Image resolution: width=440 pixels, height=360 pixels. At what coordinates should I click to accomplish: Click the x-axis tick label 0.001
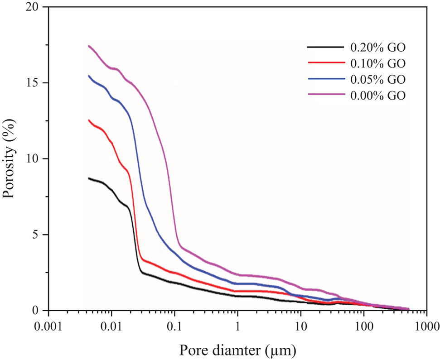pyautogui.click(x=48, y=326)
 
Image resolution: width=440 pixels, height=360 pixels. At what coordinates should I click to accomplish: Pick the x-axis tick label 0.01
pyautogui.click(x=111, y=326)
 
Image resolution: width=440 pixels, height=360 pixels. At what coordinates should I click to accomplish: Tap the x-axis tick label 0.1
pyautogui.click(x=174, y=326)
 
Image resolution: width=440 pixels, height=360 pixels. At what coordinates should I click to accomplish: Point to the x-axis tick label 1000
pyautogui.click(x=426, y=326)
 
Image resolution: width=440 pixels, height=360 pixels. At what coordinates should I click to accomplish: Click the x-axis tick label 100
pyautogui.click(x=363, y=326)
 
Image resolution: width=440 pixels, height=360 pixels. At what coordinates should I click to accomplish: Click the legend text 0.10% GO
pyautogui.click(x=377, y=63)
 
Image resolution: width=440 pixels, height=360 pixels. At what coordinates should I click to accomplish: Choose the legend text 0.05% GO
pyautogui.click(x=377, y=79)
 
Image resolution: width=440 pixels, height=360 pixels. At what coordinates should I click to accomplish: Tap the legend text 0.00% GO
pyautogui.click(x=377, y=96)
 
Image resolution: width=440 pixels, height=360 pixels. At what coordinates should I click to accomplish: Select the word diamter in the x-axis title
pyautogui.click(x=251, y=350)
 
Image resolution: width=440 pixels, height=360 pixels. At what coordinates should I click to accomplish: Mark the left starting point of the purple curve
pyautogui.click(x=88, y=46)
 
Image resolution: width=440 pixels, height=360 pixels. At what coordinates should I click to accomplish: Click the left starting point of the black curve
pyautogui.click(x=88, y=178)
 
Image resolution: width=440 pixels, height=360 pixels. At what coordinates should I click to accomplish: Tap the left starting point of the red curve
pyautogui.click(x=88, y=120)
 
